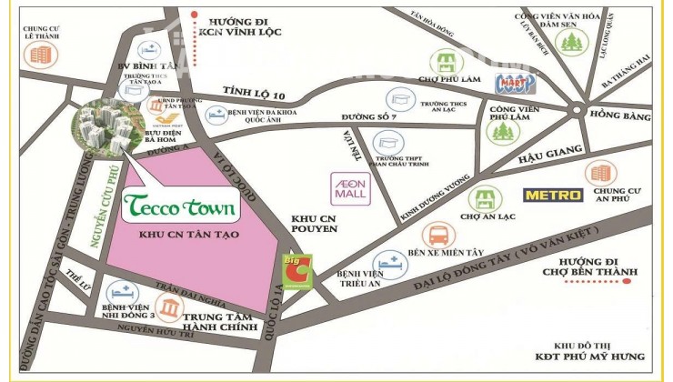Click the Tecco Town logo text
point(179,206)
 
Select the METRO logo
point(552,195)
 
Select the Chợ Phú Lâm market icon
point(445,63)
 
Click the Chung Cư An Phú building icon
point(600,172)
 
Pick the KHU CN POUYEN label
point(314,225)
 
